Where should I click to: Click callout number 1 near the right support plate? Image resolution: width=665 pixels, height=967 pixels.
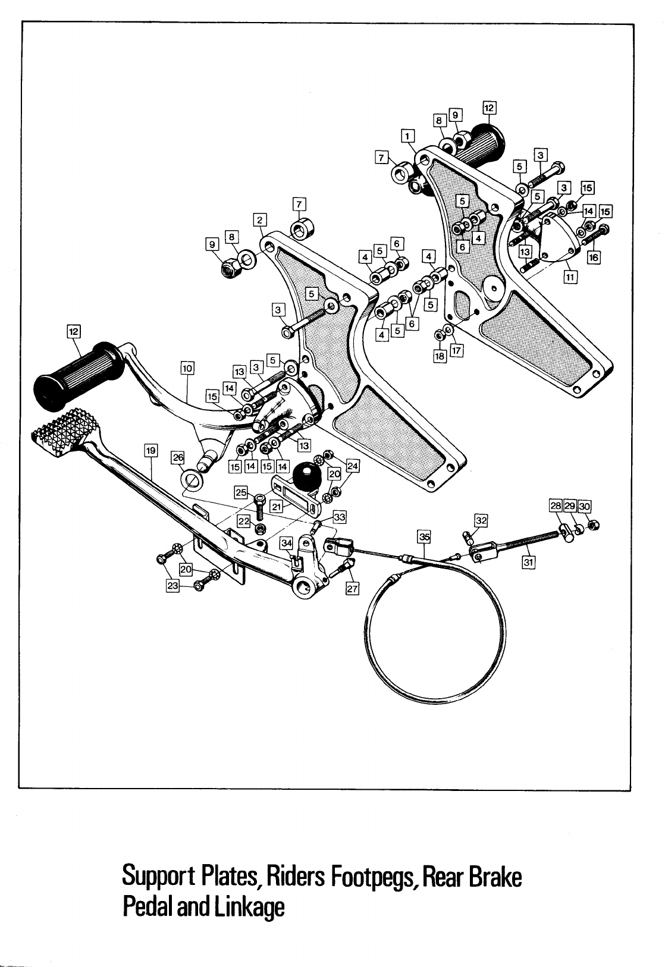(x=407, y=135)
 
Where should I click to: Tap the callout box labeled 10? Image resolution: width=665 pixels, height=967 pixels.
(x=187, y=368)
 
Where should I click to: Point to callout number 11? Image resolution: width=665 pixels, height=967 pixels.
(x=570, y=277)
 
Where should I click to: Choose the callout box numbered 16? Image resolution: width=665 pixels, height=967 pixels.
(x=593, y=258)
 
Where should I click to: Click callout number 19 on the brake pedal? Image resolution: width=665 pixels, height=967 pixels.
(x=151, y=450)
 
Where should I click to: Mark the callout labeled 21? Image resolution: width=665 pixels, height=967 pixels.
(x=276, y=506)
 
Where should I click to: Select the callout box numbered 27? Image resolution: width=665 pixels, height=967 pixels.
(x=352, y=589)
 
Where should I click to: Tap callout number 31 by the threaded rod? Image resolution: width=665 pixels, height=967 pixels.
(x=528, y=561)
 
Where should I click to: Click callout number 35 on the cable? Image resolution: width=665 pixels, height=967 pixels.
(x=424, y=536)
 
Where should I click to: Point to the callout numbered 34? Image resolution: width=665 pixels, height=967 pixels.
(x=286, y=543)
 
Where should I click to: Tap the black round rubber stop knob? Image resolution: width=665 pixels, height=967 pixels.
(x=307, y=476)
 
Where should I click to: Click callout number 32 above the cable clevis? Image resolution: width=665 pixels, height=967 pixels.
(x=481, y=521)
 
